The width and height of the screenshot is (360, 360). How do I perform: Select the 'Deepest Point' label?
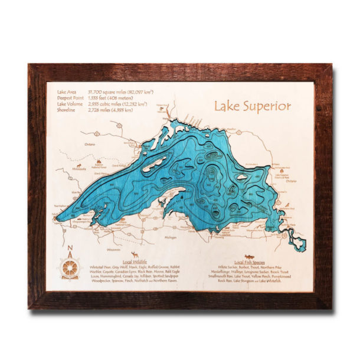tap(69, 97)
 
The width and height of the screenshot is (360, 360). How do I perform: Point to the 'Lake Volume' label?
tap(68, 103)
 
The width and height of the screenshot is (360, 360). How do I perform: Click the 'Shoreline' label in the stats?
tap(66, 109)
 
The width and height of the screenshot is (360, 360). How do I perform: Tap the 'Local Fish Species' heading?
tap(249, 261)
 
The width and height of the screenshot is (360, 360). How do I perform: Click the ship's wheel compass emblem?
tap(70, 269)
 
